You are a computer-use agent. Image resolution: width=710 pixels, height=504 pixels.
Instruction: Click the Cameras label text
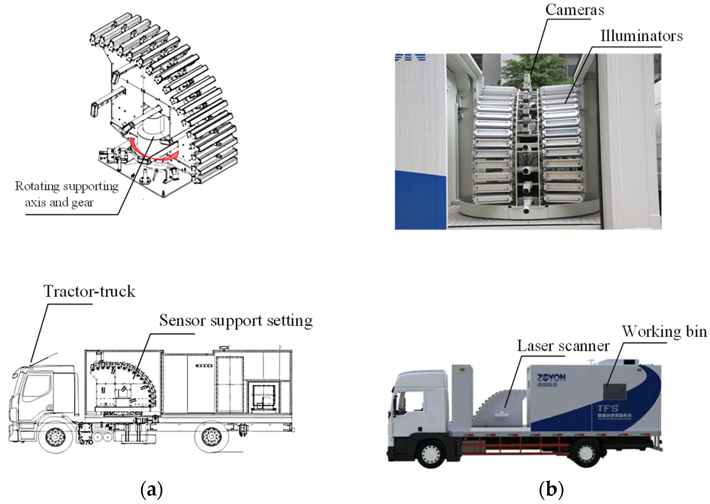575,10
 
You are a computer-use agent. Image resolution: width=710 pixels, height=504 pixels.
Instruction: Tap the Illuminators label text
641,36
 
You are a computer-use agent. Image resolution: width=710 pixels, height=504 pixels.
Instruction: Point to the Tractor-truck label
89,291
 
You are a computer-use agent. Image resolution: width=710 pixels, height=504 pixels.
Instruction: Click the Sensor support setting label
236,321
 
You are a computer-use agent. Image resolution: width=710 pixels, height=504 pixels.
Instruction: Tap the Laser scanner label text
563,346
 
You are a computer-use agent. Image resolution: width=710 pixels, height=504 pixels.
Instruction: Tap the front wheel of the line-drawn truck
56,437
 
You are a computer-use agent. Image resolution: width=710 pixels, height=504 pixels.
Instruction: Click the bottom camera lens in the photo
526,209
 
